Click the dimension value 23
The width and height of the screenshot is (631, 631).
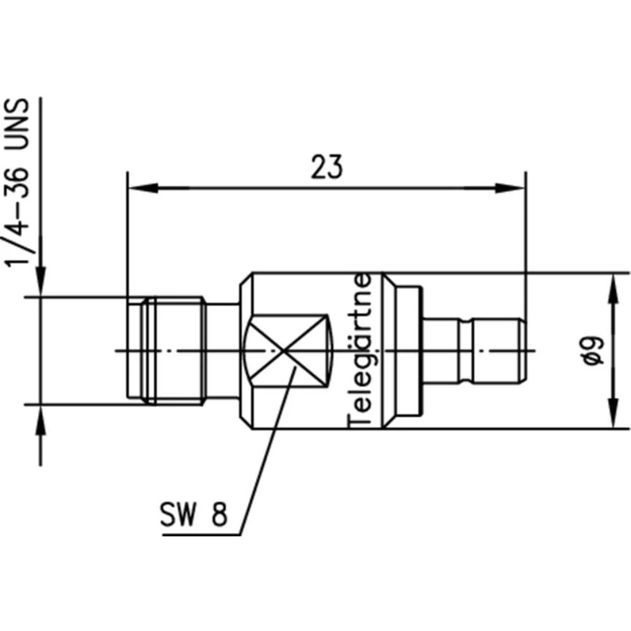[x=326, y=167]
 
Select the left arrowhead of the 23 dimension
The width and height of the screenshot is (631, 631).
[x=142, y=188]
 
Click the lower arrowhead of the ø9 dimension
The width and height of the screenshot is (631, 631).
[x=613, y=413]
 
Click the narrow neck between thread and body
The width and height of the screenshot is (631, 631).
[x=222, y=351]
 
